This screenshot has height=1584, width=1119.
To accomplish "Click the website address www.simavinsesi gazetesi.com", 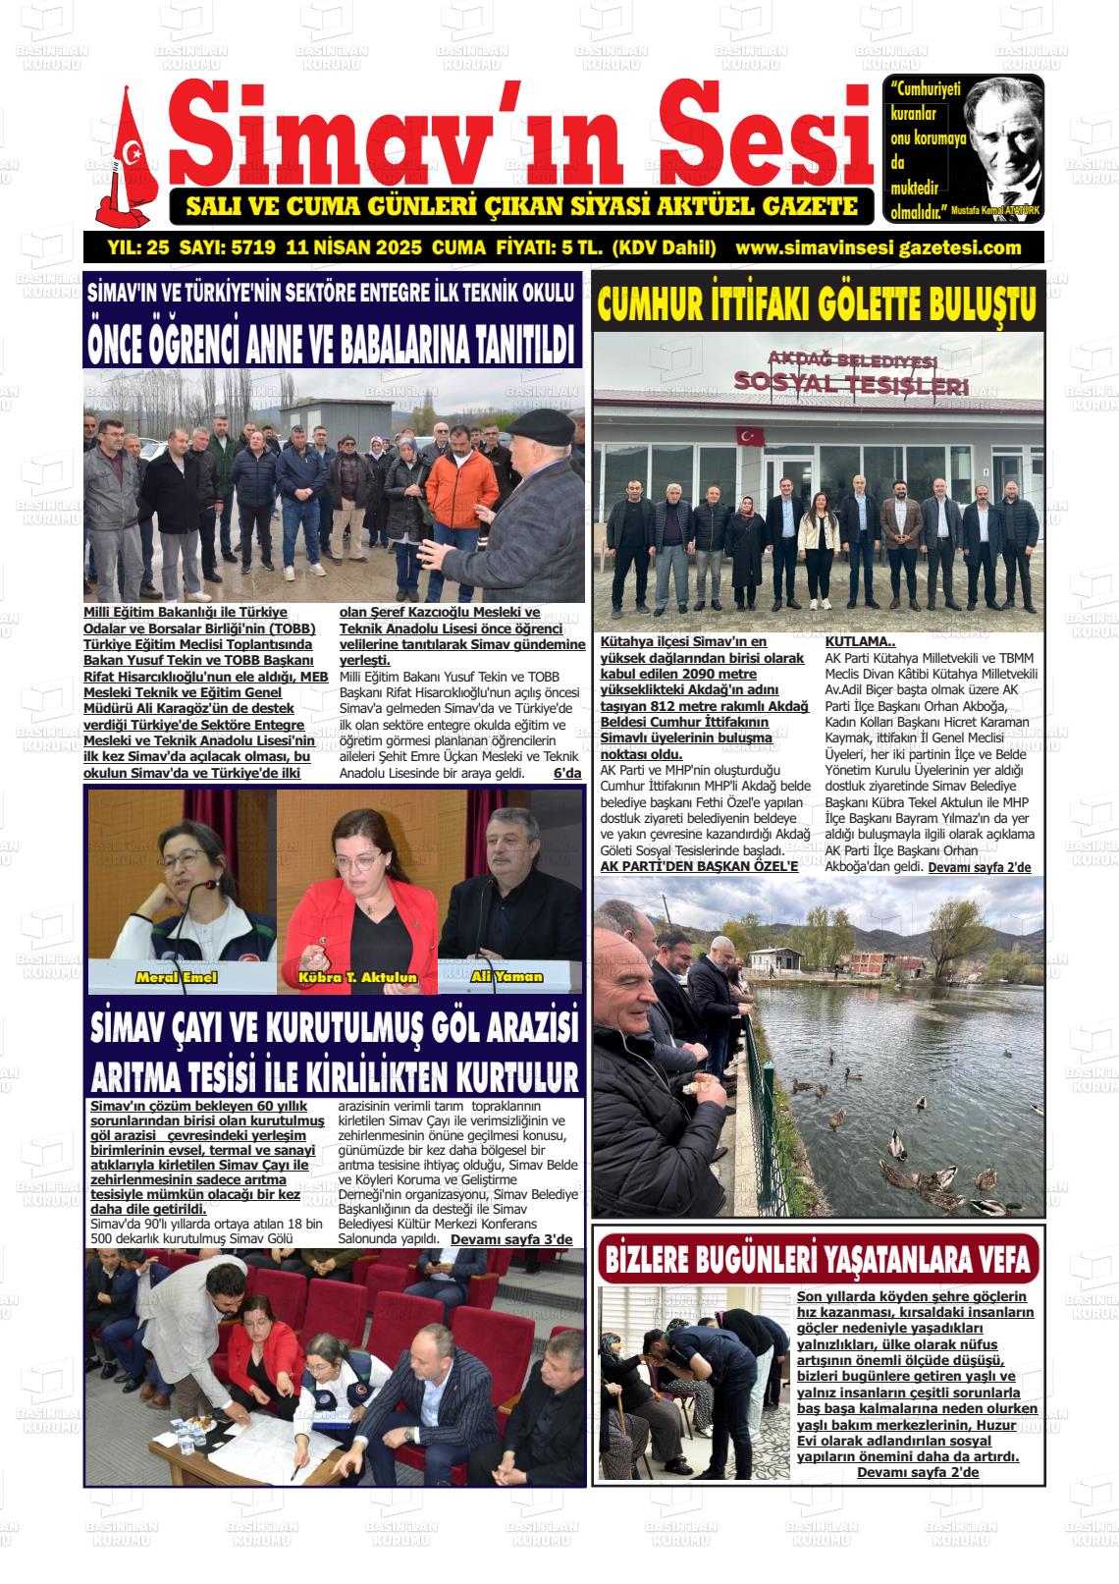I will point(878,247).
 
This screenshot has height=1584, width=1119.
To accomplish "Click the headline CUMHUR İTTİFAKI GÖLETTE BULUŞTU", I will point(817,303).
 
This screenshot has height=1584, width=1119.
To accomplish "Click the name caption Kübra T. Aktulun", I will point(357,978).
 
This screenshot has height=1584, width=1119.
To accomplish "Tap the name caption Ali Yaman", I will point(506,976).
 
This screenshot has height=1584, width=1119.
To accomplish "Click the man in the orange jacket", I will point(461,491).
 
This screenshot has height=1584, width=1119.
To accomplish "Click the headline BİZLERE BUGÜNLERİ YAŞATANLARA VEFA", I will point(818,1258).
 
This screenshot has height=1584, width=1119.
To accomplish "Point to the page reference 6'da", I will point(567,774).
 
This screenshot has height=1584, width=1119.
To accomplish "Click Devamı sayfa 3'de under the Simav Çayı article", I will point(510,1239).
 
